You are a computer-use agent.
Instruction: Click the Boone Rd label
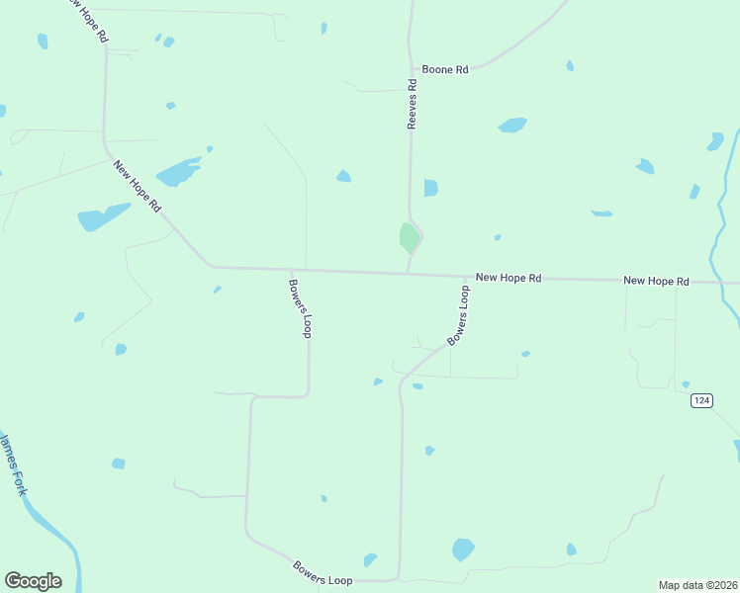click(443, 69)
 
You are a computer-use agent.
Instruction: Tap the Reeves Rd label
click(414, 105)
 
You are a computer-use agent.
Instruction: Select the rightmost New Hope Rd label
click(656, 282)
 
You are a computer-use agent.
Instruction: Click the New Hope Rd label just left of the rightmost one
click(508, 279)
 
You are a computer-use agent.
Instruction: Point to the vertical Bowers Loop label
click(300, 307)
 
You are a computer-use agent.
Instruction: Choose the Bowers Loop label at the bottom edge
click(323, 572)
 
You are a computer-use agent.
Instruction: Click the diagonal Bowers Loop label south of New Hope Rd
click(458, 315)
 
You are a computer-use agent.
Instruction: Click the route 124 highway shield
click(701, 399)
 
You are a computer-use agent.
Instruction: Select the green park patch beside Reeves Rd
click(409, 237)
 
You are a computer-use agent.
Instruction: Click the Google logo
click(33, 581)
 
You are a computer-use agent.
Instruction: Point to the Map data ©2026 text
click(696, 584)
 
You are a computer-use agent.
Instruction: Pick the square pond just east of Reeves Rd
click(430, 188)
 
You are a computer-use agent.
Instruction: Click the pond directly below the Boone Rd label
click(512, 125)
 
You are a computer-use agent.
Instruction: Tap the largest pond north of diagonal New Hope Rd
click(178, 172)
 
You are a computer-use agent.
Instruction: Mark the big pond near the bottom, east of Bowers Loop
click(462, 549)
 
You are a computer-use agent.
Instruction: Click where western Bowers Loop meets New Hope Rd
click(290, 269)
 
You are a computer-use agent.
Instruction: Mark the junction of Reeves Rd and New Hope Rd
click(408, 273)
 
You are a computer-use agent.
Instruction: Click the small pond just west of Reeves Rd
click(343, 176)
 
